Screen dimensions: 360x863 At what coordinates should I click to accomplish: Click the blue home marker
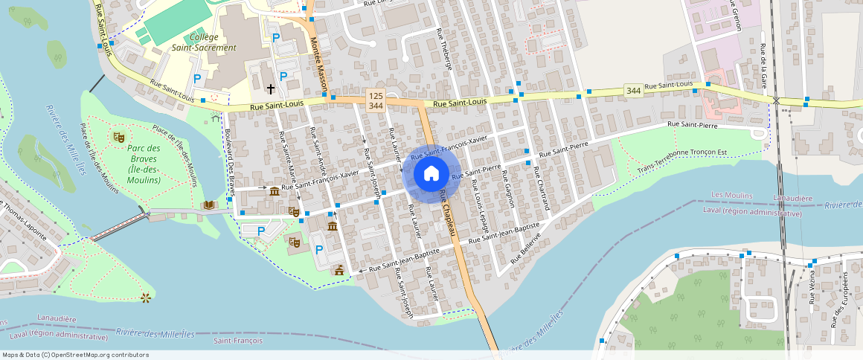tap(431, 174)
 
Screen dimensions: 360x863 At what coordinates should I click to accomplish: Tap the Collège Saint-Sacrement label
tap(213, 42)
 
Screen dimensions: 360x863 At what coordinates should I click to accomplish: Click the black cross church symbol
tap(271, 89)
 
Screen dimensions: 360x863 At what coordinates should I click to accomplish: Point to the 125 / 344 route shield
tap(376, 102)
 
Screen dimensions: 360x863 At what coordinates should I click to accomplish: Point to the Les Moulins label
tap(732, 195)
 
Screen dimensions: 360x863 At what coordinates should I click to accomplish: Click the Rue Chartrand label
tap(541, 187)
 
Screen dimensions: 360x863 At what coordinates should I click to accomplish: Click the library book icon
tap(208, 205)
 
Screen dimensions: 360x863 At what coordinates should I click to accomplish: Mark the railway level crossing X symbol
tap(776, 100)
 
